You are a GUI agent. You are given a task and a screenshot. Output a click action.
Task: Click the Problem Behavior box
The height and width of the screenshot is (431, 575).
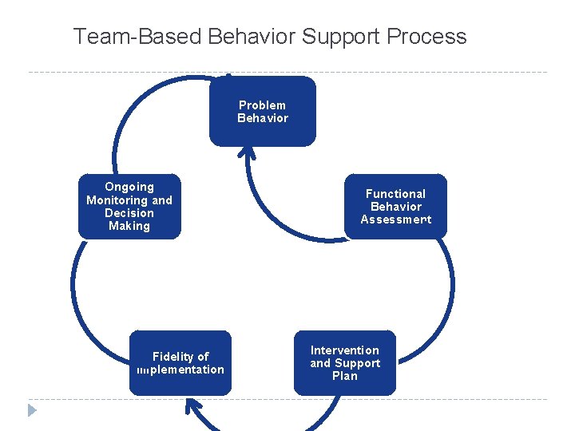[262, 112]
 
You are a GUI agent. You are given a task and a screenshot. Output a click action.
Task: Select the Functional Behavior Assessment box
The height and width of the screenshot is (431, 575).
[395, 206]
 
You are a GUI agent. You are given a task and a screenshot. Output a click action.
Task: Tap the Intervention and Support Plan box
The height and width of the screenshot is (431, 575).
[344, 363]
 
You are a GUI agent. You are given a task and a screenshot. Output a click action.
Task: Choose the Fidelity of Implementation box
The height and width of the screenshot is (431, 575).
[180, 363]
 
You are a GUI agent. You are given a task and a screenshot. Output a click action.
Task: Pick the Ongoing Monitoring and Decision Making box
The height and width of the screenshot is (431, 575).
[129, 206]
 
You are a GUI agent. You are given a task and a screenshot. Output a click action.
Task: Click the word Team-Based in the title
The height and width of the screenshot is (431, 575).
[137, 37]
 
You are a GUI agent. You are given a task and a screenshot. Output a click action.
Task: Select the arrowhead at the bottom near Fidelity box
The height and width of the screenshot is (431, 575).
[192, 408]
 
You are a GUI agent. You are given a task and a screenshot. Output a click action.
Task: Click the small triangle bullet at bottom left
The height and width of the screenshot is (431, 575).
[31, 411]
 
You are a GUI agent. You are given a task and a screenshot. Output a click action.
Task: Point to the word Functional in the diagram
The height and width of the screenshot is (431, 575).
[395, 194]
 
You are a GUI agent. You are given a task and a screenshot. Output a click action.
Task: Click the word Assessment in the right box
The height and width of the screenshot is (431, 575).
[395, 219]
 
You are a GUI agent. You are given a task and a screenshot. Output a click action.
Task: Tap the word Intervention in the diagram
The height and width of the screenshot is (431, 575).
[344, 350]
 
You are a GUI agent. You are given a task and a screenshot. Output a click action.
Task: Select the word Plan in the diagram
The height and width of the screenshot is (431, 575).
[344, 376]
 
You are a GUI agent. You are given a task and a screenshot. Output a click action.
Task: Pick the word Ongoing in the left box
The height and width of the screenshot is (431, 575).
[129, 187]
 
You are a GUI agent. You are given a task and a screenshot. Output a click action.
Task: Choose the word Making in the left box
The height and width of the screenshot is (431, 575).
[129, 226]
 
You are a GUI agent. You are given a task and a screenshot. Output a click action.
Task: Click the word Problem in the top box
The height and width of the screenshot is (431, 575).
[262, 105]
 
